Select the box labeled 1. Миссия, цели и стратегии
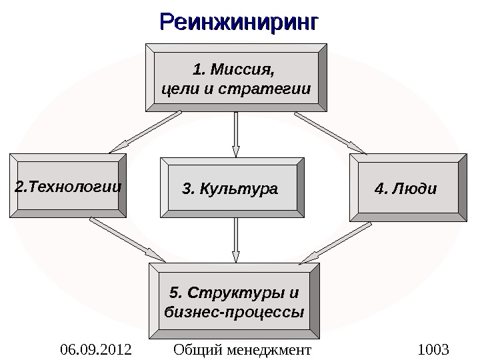pyautogui.click(x=237, y=77)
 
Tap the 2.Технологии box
pyautogui.click(x=67, y=186)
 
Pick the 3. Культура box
pyautogui.click(x=232, y=188)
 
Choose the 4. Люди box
pyautogui.click(x=407, y=187)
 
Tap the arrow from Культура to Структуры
pyautogui.click(x=236, y=240)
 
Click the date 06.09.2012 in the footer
pyautogui.click(x=95, y=349)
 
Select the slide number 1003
pyautogui.click(x=433, y=349)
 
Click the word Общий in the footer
pyautogui.click(x=196, y=349)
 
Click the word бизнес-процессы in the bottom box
pyautogui.click(x=233, y=312)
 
